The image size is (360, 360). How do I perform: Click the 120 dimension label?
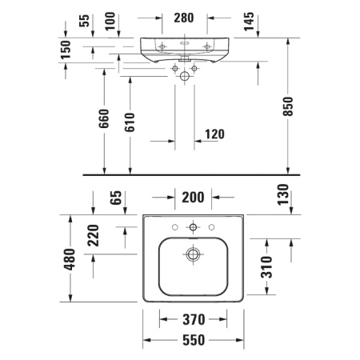[x=214, y=134]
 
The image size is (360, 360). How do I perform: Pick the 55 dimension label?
[x=85, y=19]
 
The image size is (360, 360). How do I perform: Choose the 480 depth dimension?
[x=70, y=258]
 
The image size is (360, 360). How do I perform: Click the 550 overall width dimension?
[x=192, y=340]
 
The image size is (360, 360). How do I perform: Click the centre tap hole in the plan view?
[x=192, y=227]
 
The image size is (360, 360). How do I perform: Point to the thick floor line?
[x=192, y=174]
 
